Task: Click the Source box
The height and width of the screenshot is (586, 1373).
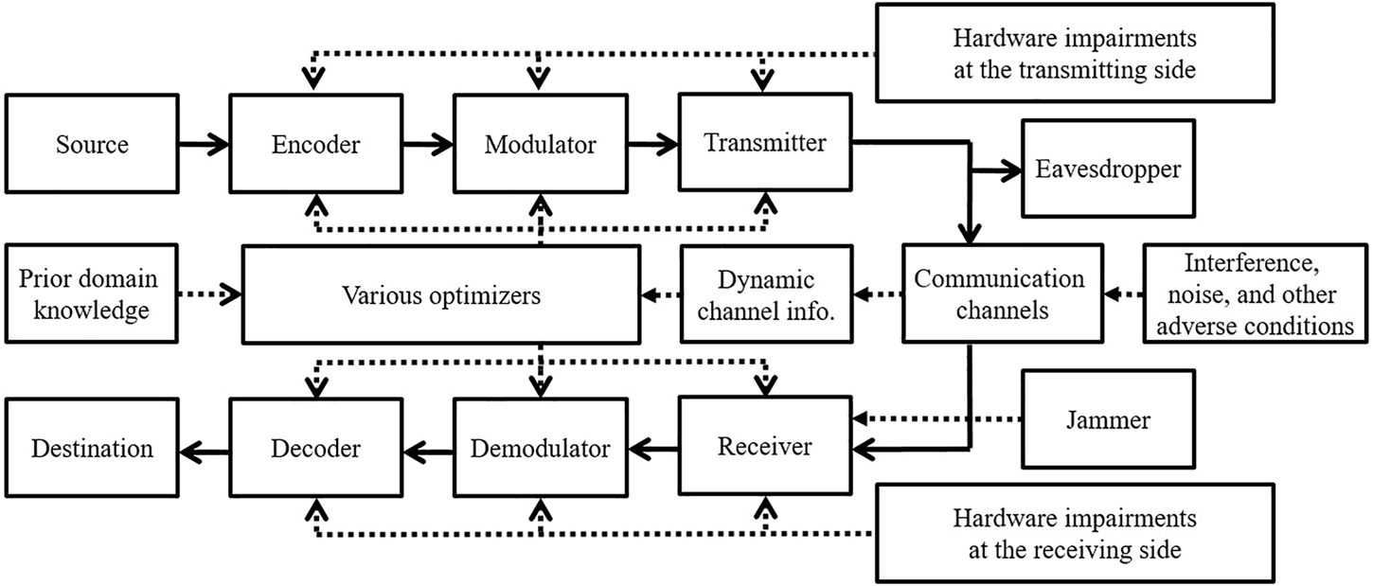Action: click(x=92, y=145)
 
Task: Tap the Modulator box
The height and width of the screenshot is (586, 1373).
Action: click(x=540, y=145)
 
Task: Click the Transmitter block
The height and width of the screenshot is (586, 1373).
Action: click(x=765, y=143)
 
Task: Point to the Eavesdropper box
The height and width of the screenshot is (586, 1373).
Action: click(x=1107, y=169)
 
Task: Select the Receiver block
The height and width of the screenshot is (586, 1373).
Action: click(x=764, y=446)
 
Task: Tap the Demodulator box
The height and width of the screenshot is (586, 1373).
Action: click(x=540, y=448)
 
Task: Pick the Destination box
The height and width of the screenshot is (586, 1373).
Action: click(x=92, y=448)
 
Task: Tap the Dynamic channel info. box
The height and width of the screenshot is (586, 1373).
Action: click(x=765, y=294)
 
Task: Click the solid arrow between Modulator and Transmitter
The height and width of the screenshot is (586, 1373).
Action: click(x=652, y=145)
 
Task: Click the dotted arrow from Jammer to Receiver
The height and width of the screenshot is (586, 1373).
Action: click(x=937, y=417)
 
